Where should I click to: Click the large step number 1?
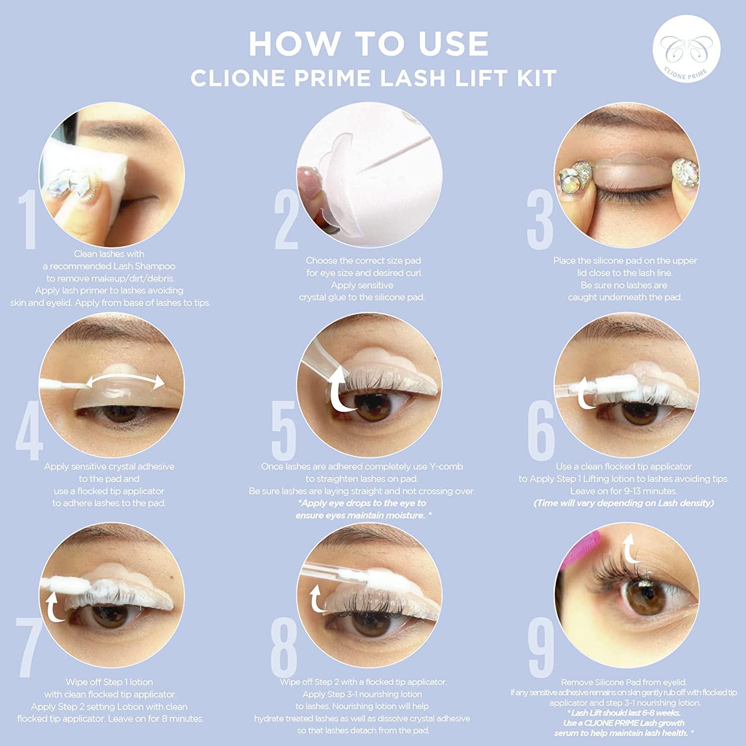[x=27, y=219]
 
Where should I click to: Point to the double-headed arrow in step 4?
[x=125, y=382]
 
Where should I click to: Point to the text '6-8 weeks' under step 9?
[x=661, y=713]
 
